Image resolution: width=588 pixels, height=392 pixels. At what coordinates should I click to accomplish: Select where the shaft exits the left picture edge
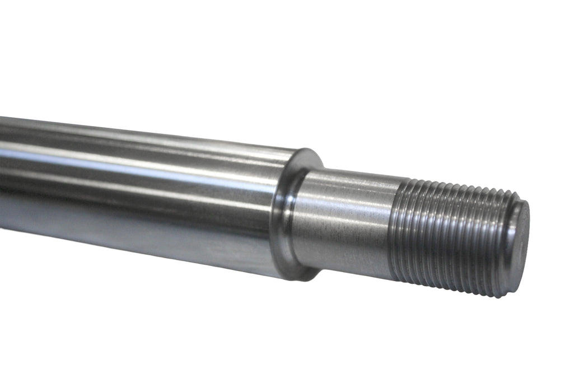point(2,174)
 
